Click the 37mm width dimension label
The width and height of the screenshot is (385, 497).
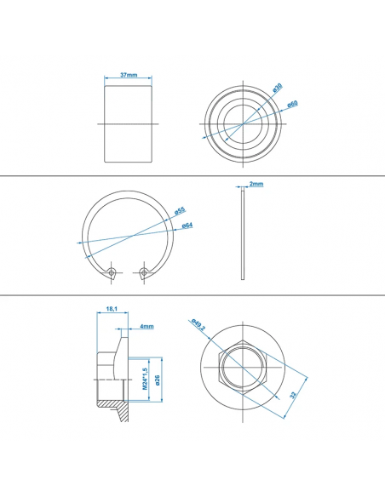pyautogui.click(x=129, y=75)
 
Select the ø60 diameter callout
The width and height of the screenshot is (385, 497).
pyautogui.click(x=291, y=104)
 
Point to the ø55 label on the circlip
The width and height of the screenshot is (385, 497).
pyautogui.click(x=180, y=210)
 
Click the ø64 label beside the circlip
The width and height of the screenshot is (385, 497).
pyautogui.click(x=187, y=226)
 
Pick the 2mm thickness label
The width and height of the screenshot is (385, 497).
pyautogui.click(x=256, y=184)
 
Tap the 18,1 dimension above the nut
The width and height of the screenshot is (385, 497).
pyautogui.click(x=112, y=309)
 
